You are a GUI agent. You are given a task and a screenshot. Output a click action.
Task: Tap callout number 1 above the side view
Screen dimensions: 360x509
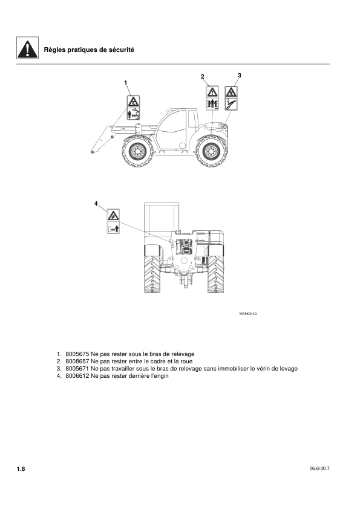click(126, 82)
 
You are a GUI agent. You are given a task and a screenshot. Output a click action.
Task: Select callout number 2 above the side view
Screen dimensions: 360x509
click(203, 76)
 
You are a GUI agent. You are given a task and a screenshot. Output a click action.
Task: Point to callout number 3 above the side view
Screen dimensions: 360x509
click(240, 75)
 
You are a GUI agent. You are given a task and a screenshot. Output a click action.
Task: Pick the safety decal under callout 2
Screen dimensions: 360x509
click(212, 99)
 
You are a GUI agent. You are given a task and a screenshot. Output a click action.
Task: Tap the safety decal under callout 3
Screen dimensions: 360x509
click(231, 99)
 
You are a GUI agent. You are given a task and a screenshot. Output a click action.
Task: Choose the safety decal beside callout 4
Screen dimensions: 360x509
click(113, 221)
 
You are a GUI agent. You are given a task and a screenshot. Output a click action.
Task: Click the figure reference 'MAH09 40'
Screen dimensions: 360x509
click(248, 313)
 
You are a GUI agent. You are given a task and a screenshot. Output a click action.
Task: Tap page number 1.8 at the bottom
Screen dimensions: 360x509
click(21, 469)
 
